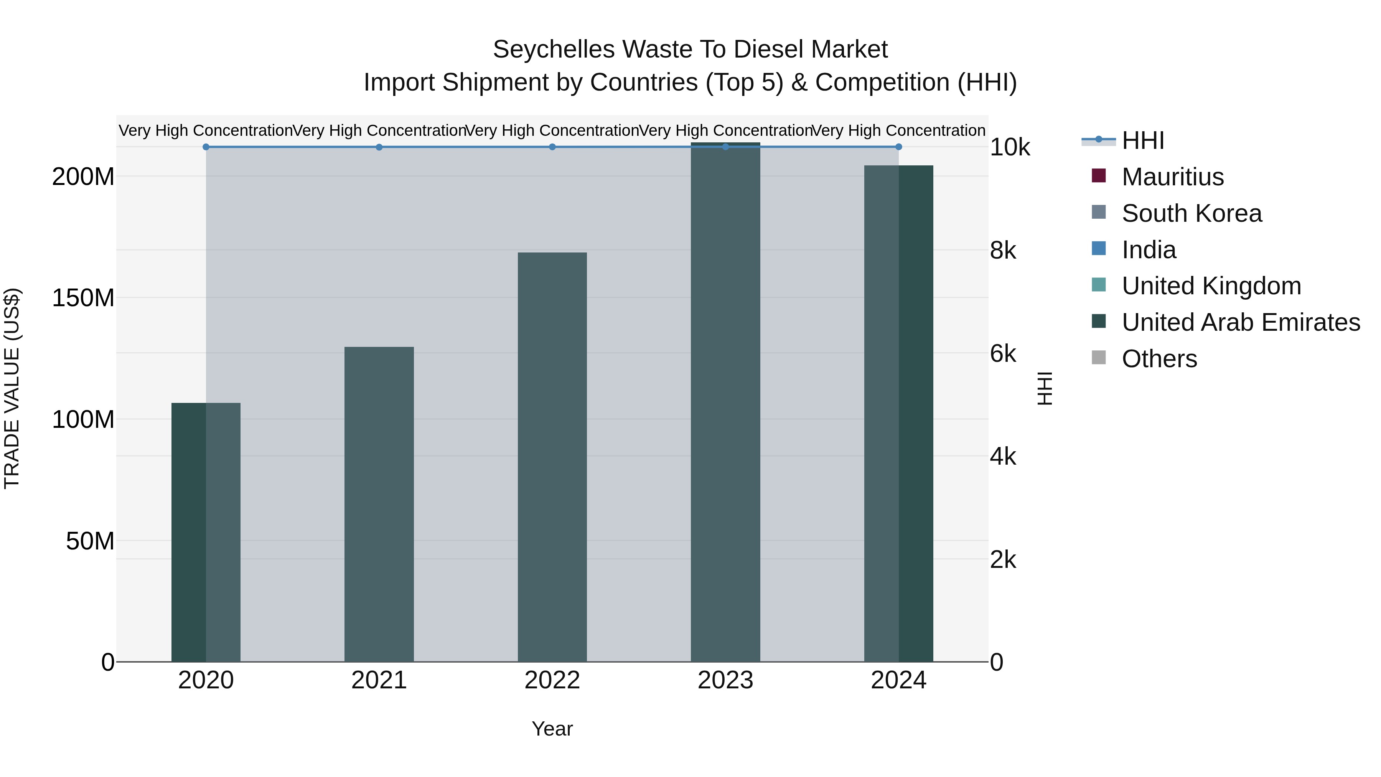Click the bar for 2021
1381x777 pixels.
[379, 504]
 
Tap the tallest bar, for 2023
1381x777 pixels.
[725, 402]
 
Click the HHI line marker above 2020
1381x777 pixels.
[206, 147]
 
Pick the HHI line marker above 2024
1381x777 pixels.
[898, 147]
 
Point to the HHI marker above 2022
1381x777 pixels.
[552, 147]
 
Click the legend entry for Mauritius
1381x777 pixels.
[1172, 177]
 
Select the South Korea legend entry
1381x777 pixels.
[1191, 213]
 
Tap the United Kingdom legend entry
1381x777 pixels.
[1211, 286]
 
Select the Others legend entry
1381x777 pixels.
[1159, 359]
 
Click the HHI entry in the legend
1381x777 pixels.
[1142, 140]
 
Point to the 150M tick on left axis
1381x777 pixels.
[83, 298]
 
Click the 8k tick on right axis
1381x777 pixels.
[1002, 251]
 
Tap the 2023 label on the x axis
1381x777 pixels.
[725, 680]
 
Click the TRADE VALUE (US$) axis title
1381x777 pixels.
[12, 388]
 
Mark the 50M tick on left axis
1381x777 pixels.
[90, 541]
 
